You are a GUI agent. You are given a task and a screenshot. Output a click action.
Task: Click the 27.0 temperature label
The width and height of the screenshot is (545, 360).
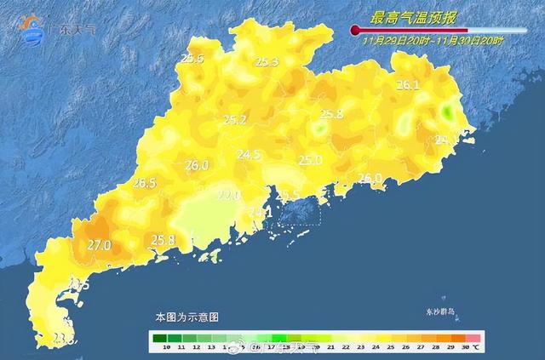click(100, 246)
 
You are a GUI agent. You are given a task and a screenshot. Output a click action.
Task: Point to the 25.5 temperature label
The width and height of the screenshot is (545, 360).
click(192, 59)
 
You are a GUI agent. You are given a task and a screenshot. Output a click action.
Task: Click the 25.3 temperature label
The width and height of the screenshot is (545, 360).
click(267, 62)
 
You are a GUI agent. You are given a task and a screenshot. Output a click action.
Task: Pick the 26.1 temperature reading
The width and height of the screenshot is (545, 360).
click(409, 85)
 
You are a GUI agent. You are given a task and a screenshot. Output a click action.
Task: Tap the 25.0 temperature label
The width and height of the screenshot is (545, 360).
click(310, 160)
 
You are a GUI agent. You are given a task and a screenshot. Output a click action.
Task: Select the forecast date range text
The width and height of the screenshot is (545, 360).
click(433, 40)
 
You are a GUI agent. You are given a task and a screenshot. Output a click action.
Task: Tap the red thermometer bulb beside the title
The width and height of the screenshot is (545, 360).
click(354, 30)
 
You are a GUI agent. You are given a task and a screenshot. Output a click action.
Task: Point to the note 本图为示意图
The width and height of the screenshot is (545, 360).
click(186, 317)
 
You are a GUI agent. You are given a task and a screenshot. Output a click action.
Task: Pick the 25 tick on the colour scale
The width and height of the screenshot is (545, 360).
click(389, 347)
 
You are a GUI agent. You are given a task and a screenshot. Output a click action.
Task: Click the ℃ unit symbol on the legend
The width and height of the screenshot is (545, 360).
click(477, 347)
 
